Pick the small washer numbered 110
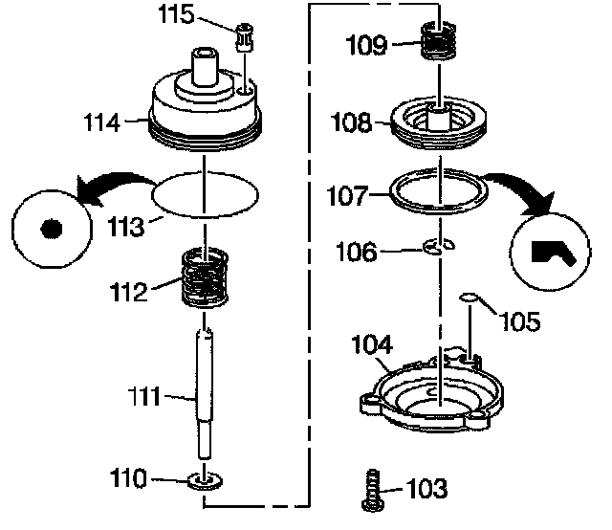(206, 478)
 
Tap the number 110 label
(159, 475)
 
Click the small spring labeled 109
(442, 44)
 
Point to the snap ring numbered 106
(439, 248)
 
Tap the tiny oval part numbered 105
(470, 298)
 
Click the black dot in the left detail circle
(51, 230)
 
